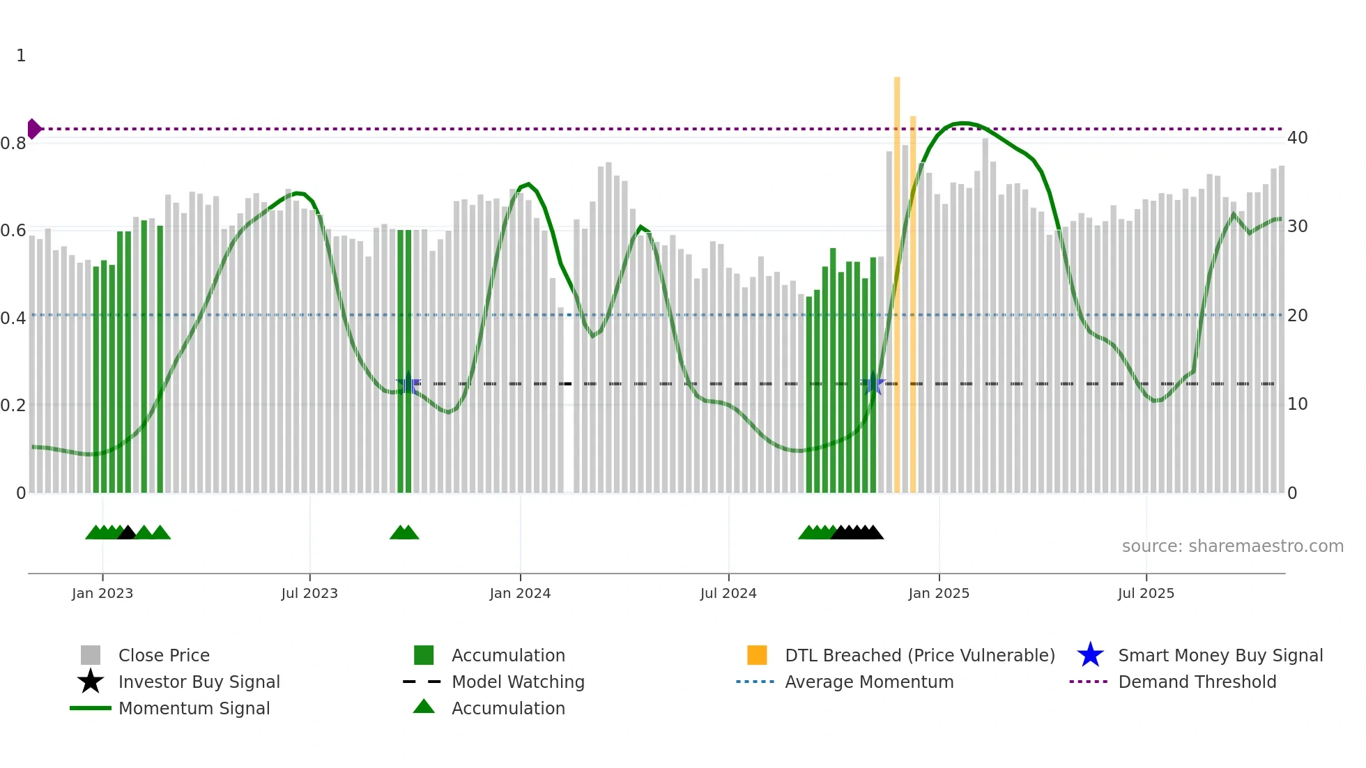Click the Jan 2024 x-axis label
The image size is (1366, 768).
pyautogui.click(x=520, y=593)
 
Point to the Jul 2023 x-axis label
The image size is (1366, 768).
pyautogui.click(x=309, y=593)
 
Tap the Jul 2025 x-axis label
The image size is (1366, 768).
pyautogui.click(x=1146, y=593)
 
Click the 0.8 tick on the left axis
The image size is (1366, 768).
pyautogui.click(x=13, y=144)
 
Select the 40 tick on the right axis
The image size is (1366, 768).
pyautogui.click(x=1297, y=138)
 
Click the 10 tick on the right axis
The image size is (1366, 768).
pyautogui.click(x=1297, y=404)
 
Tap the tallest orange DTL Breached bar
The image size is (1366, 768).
pyautogui.click(x=897, y=279)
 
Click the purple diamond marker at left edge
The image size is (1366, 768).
pyautogui.click(x=33, y=129)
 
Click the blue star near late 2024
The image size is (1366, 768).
pyautogui.click(x=873, y=383)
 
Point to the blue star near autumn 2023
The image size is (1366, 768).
pyautogui.click(x=409, y=384)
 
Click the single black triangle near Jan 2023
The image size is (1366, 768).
pyautogui.click(x=127, y=533)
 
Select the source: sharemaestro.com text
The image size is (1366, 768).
pyautogui.click(x=1232, y=546)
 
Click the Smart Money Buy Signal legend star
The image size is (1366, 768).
pyautogui.click(x=1090, y=655)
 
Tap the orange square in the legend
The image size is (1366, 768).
pyautogui.click(x=757, y=655)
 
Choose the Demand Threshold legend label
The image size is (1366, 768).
pyautogui.click(x=1197, y=682)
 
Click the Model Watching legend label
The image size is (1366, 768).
pyautogui.click(x=518, y=682)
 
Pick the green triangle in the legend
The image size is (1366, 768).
pyautogui.click(x=424, y=707)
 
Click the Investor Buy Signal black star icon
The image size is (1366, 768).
pyautogui.click(x=91, y=682)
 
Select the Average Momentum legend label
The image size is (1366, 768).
pyautogui.click(x=869, y=682)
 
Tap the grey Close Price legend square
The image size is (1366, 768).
pyautogui.click(x=91, y=655)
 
